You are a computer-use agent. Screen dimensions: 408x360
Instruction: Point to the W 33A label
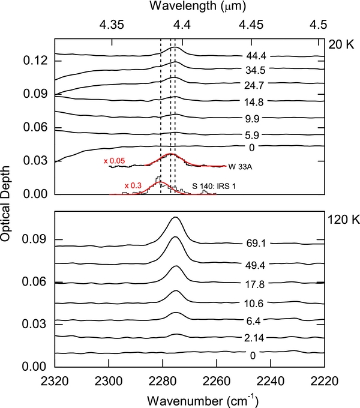tap(239, 166)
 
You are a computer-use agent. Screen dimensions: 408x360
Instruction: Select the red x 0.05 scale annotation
tap(113, 161)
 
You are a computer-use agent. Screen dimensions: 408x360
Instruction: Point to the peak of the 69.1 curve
tap(175, 217)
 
